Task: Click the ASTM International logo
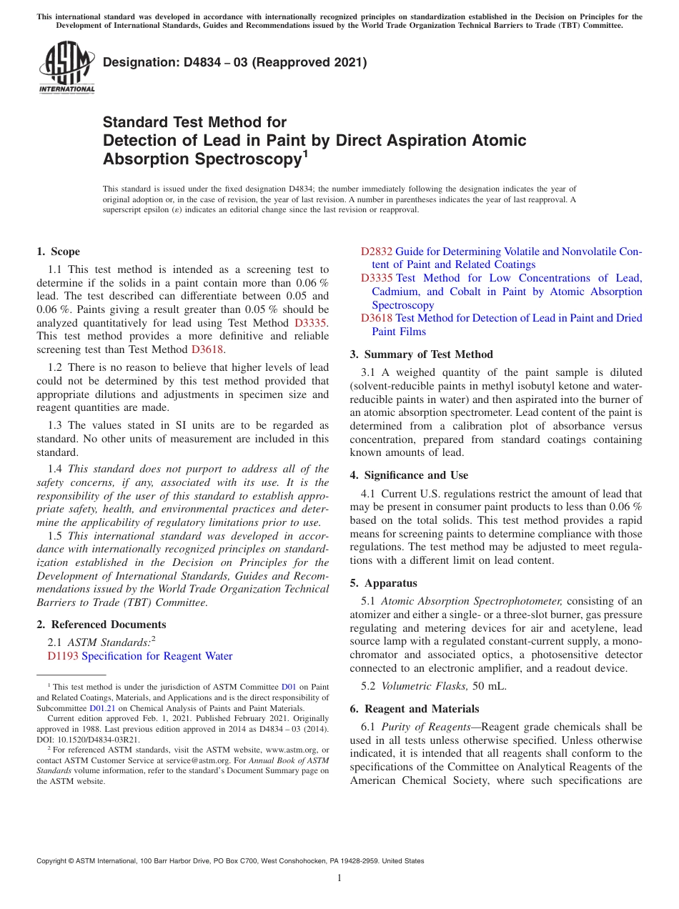pos(66,68)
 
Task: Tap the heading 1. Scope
pos(58,252)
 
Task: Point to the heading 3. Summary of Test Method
pos(421,354)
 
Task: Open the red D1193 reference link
pos(63,656)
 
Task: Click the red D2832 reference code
pos(376,252)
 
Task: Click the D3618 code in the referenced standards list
pos(376,318)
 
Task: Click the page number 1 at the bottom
pos(339,878)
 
